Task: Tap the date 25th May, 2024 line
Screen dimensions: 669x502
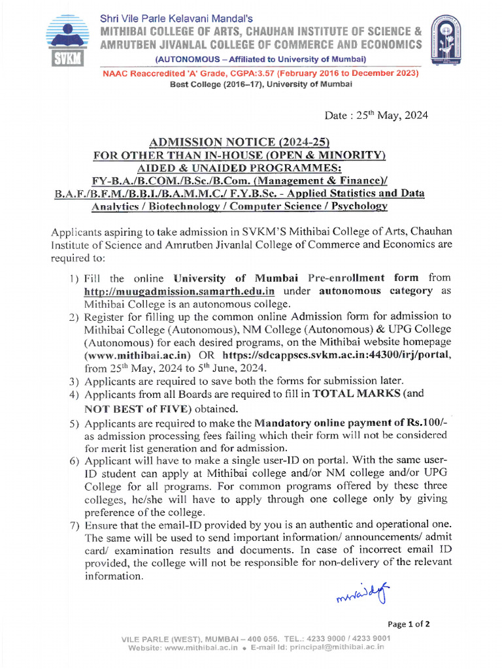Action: click(x=376, y=116)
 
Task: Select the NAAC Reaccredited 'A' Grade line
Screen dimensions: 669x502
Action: click(x=260, y=73)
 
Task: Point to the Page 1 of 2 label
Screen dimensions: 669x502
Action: click(x=409, y=624)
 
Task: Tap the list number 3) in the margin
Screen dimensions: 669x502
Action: click(x=75, y=381)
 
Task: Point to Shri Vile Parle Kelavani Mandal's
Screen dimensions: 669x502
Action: click(x=176, y=19)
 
